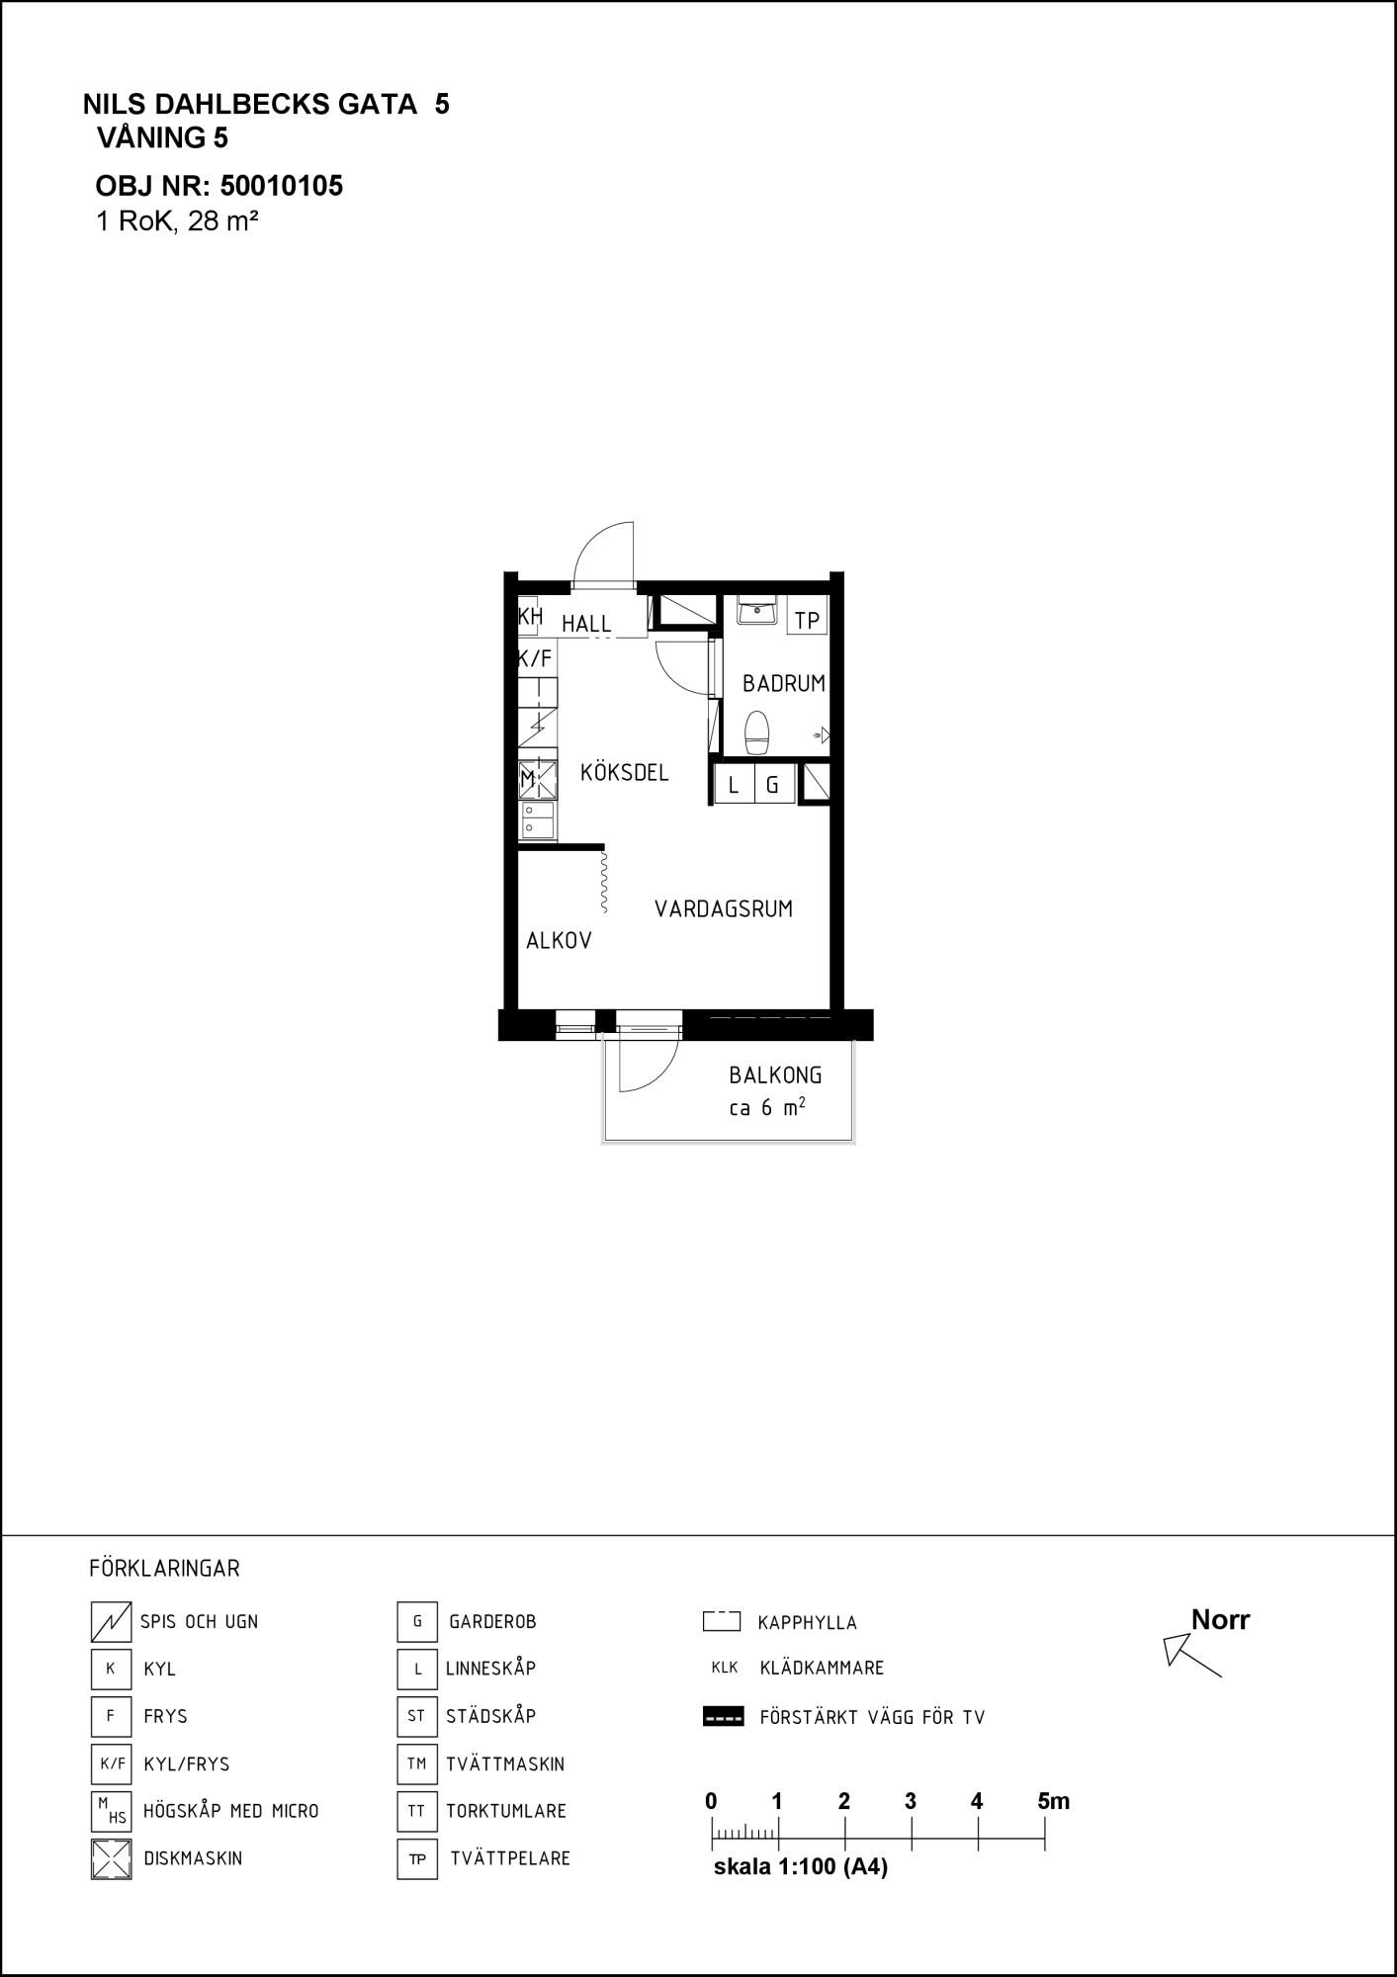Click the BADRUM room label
[x=783, y=683]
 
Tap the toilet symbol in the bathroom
[x=757, y=732]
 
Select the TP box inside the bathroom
[x=807, y=621]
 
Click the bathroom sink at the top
[x=757, y=610]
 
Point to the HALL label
[x=586, y=624]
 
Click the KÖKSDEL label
[x=624, y=772]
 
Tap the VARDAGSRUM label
[x=724, y=908]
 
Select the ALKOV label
[x=559, y=940]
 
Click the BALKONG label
[x=775, y=1074]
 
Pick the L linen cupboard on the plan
[x=734, y=786]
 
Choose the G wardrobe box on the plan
[x=774, y=786]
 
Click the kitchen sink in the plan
[x=538, y=820]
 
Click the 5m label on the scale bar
[x=1054, y=1801]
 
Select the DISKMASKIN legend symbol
[x=111, y=1858]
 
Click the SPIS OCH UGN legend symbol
[x=111, y=1621]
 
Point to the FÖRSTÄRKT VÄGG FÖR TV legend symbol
[x=723, y=1717]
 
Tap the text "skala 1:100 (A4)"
[x=801, y=1867]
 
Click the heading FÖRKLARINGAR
[x=164, y=1569]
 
